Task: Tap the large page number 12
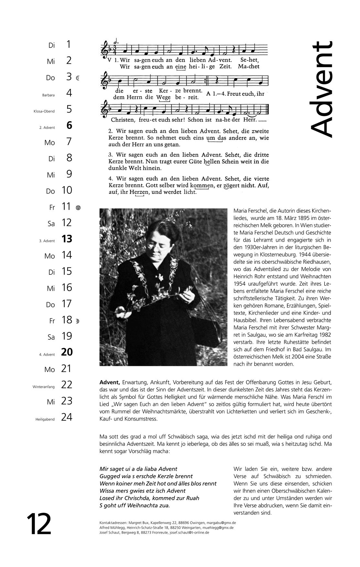(x=39, y=524)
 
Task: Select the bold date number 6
(x=69, y=125)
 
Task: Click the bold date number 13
(x=67, y=239)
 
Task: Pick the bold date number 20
(x=67, y=352)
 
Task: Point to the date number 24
(x=67, y=417)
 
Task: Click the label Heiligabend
(x=45, y=419)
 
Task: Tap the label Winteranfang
(x=44, y=387)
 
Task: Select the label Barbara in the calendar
(x=48, y=95)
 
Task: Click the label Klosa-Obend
(x=44, y=111)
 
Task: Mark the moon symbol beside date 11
(x=78, y=208)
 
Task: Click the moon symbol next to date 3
(x=78, y=78)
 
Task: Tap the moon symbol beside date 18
(x=78, y=321)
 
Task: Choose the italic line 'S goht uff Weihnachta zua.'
(x=135, y=506)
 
